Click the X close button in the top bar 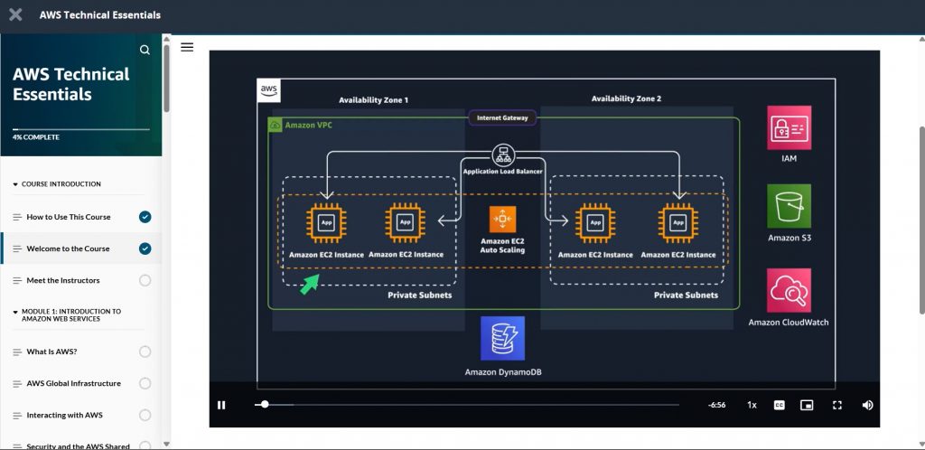(15, 14)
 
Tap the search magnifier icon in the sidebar (145, 50)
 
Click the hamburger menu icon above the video (187, 47)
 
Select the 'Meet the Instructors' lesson (63, 280)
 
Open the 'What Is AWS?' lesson (51, 352)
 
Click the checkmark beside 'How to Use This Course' (145, 217)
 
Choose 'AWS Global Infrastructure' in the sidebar (73, 383)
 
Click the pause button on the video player (221, 405)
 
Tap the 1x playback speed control (752, 405)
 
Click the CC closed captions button (779, 405)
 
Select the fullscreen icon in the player (837, 405)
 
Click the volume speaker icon (867, 405)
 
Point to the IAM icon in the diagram (789, 127)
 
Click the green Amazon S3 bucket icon (789, 206)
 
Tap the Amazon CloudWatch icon (789, 290)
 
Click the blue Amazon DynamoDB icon (502, 338)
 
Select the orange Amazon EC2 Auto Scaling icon (502, 220)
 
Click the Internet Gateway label (502, 117)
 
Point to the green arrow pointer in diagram (310, 285)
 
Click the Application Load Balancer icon (502, 154)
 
